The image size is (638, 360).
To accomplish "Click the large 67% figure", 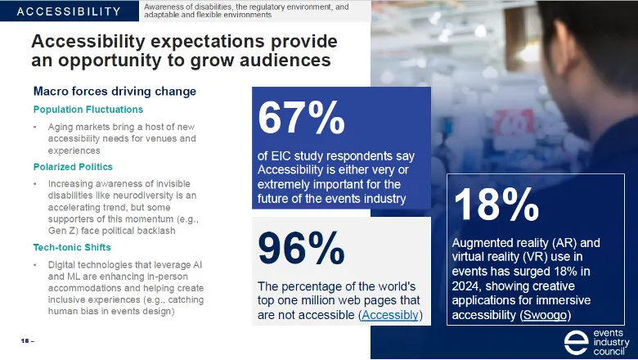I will [301, 118].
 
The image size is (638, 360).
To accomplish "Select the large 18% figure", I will [496, 205].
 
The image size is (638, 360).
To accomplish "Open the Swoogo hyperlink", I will [546, 315].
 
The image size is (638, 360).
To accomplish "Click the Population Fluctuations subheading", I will [88, 109].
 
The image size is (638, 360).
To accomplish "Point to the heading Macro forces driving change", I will [115, 91].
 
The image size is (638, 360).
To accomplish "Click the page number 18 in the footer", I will [24, 340].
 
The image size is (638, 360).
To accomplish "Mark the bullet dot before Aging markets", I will [35, 128].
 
